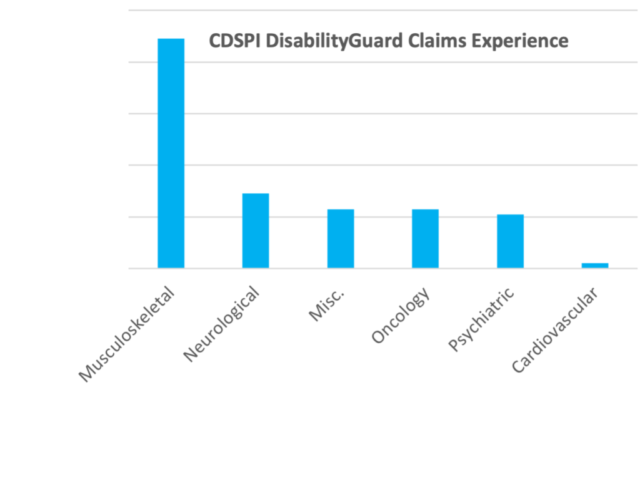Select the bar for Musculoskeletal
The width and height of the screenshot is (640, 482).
pos(171,153)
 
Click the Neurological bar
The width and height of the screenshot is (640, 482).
pos(256,231)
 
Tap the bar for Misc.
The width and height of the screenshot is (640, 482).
pos(341,238)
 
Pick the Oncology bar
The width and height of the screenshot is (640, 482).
pos(425,238)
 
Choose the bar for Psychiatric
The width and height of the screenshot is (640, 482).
pos(510,241)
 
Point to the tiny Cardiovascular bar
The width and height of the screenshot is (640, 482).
pos(595,266)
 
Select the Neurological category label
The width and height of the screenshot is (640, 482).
pos(221,324)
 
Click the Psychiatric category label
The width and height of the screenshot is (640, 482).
pos(482,319)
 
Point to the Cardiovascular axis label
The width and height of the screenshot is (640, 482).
pos(555,330)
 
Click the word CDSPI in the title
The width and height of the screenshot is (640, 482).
pos(232,41)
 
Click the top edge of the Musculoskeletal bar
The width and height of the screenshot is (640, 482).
pos(171,39)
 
